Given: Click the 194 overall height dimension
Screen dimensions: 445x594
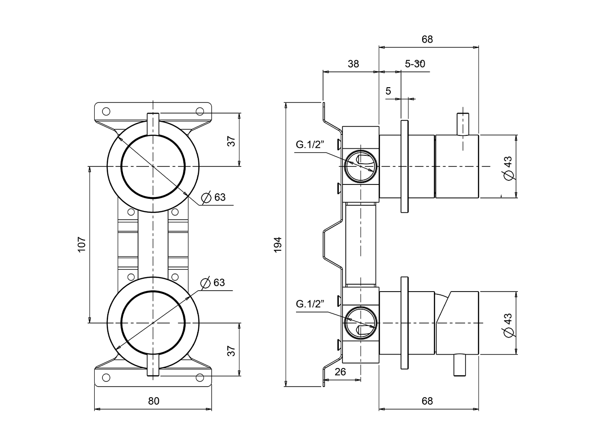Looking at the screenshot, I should pyautogui.click(x=278, y=244).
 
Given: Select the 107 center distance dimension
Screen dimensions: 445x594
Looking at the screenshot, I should pyautogui.click(x=82, y=244).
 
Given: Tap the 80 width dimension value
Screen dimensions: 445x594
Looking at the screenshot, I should pyautogui.click(x=154, y=401).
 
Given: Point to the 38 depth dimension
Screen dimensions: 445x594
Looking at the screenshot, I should pyautogui.click(x=353, y=64).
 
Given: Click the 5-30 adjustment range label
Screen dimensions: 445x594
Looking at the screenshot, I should pyautogui.click(x=415, y=64).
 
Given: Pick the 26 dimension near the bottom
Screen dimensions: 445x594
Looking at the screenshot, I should pyautogui.click(x=340, y=372).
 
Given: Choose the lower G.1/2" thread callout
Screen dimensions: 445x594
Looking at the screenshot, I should pyautogui.click(x=310, y=304).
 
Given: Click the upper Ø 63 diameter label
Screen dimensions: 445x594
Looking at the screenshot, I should pyautogui.click(x=214, y=197).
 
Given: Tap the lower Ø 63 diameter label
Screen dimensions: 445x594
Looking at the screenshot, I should pyautogui.click(x=213, y=282).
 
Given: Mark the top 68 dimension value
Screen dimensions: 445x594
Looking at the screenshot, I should pyautogui.click(x=427, y=39).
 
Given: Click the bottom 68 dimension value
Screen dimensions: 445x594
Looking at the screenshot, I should pyautogui.click(x=427, y=401).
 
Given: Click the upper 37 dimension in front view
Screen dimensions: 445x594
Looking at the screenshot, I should pyautogui.click(x=231, y=141).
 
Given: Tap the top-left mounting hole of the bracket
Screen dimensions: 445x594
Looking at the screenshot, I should pyautogui.click(x=106, y=111).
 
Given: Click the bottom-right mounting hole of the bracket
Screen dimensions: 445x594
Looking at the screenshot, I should pyautogui.click(x=200, y=377).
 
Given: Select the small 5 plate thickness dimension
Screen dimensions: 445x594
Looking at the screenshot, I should pyautogui.click(x=388, y=91).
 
